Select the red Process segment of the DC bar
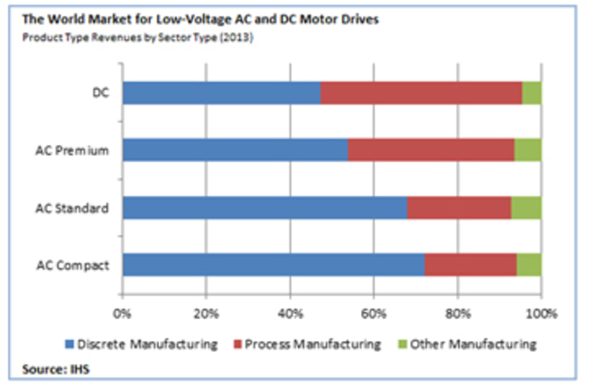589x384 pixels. click(x=421, y=93)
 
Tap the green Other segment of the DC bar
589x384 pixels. click(x=532, y=93)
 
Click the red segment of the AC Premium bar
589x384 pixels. click(x=431, y=150)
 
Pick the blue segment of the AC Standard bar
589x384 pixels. click(x=265, y=207)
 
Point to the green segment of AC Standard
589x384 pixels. click(x=526, y=207)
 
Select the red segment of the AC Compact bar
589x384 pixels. click(x=471, y=265)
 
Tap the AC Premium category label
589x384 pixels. click(x=72, y=150)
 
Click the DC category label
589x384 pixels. click(x=101, y=93)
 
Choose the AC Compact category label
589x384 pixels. click(x=73, y=265)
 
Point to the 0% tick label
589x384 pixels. click(x=122, y=314)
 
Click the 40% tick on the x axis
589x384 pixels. click(x=290, y=314)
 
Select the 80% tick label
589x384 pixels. click(x=458, y=314)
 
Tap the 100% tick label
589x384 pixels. click(x=541, y=314)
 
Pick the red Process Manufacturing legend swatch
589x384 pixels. click(x=238, y=344)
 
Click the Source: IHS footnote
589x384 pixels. click(x=56, y=369)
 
